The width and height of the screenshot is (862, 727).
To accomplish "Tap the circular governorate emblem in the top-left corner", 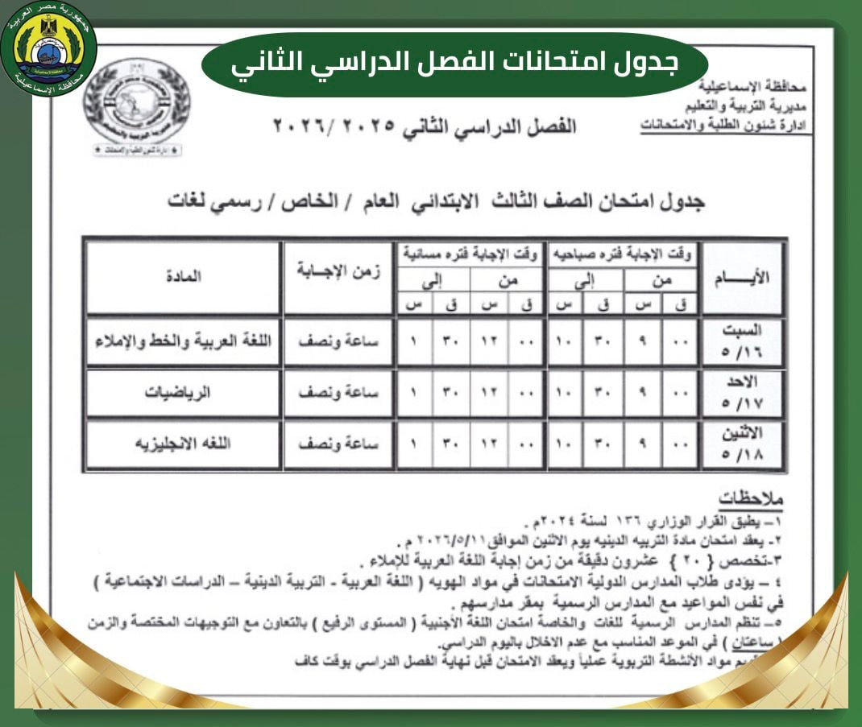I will click(49, 49).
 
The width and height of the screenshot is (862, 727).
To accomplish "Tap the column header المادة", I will click(183, 277).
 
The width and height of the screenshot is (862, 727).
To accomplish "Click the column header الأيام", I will click(742, 277).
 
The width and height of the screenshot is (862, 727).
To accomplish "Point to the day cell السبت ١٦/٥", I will click(742, 341).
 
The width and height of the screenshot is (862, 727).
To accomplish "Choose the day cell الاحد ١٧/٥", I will click(742, 393).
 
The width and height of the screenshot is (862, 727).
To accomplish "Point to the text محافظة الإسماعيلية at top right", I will click(757, 86).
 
